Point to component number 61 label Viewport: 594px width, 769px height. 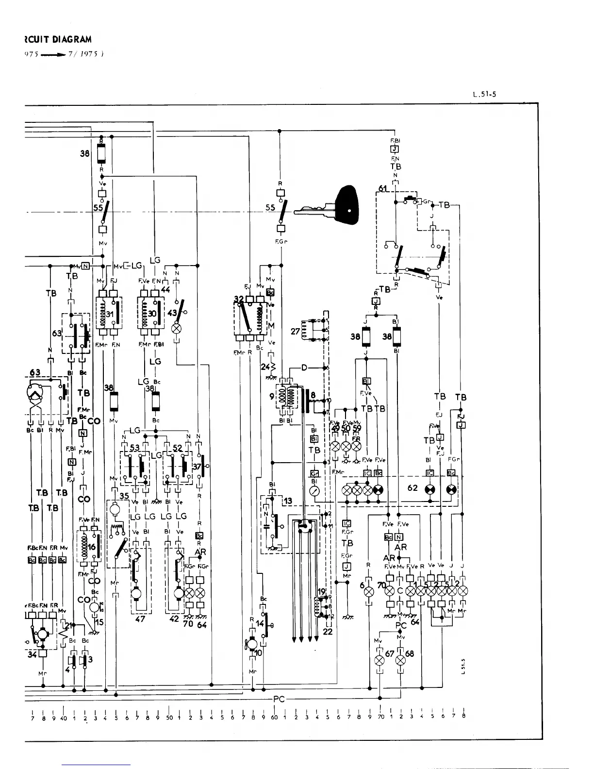[383, 188]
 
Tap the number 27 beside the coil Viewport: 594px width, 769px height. [295, 331]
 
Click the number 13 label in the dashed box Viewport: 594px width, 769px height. [288, 501]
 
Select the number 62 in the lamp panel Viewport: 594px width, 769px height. [413, 487]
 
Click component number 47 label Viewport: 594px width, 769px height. [140, 619]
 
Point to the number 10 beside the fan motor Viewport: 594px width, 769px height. [258, 653]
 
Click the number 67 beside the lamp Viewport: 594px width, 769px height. [389, 653]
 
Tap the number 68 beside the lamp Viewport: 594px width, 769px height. [410, 653]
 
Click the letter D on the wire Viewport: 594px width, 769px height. [304, 368]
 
